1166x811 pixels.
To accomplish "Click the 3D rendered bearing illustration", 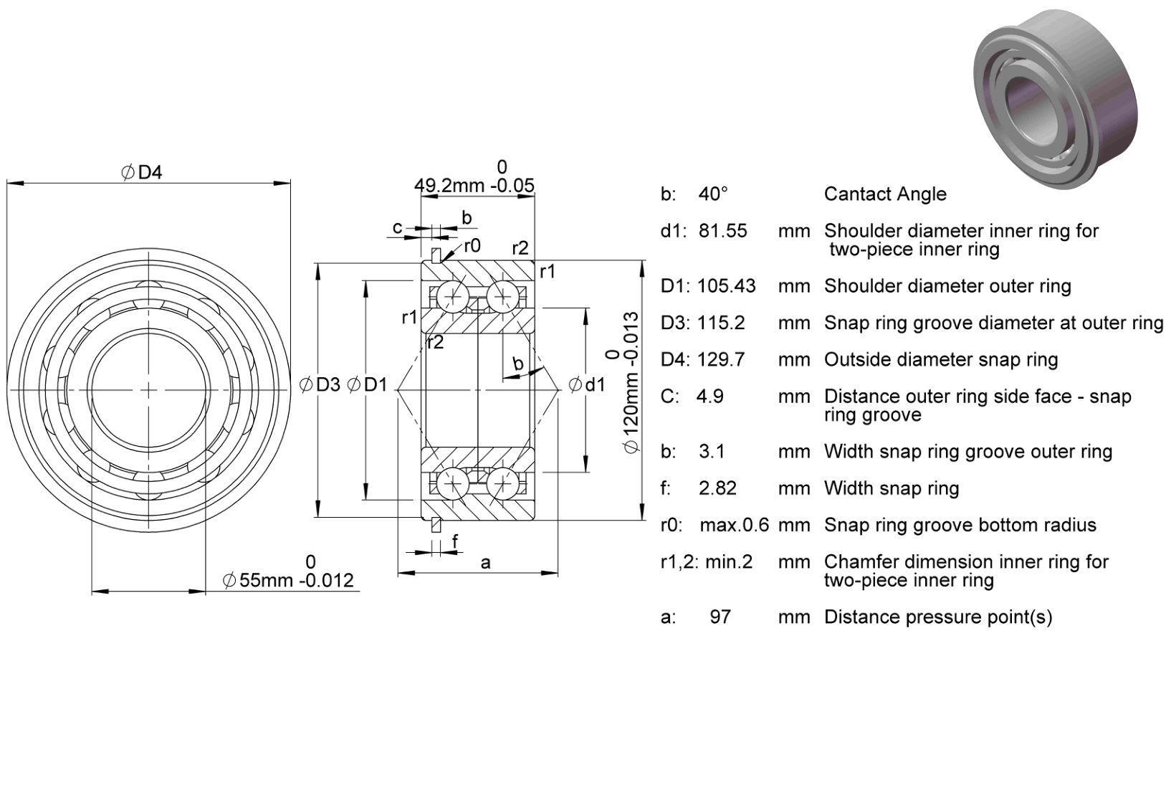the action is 1055,99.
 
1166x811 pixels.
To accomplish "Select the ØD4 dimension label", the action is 142,172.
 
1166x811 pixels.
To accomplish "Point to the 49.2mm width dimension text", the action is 474,186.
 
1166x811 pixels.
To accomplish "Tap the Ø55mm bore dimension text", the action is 288,580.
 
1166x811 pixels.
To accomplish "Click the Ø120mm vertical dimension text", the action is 631,382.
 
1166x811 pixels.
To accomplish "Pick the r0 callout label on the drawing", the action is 472,245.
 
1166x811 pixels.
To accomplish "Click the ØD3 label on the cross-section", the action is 320,385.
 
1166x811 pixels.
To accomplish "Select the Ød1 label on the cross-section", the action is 587,385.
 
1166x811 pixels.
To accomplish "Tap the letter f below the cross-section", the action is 455,541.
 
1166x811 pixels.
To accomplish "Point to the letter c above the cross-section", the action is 397,227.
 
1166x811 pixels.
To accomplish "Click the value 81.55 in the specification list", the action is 723,231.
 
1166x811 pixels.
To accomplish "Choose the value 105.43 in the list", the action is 726,286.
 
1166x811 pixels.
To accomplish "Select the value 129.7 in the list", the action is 721,359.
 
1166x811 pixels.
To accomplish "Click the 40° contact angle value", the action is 713,194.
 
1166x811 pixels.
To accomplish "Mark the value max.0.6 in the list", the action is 734,525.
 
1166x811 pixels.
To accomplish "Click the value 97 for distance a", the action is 720,617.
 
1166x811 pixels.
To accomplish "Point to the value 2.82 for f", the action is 718,488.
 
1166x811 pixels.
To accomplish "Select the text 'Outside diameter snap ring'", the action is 941,360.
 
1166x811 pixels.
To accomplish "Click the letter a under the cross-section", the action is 485,563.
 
